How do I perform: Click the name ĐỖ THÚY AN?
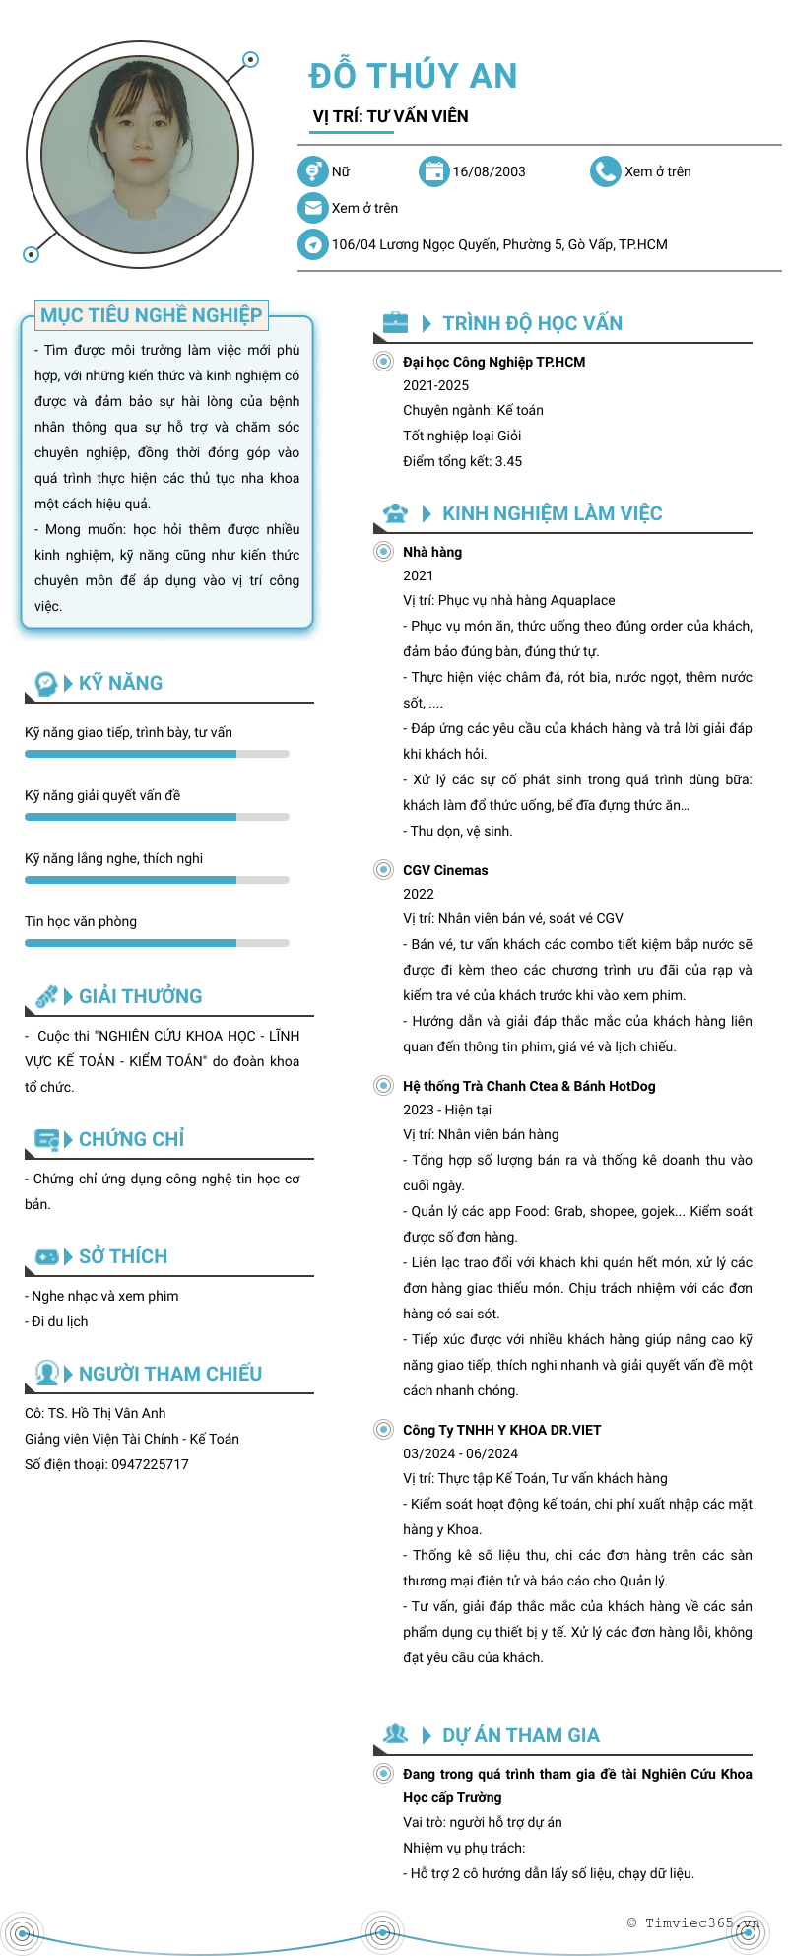tap(413, 76)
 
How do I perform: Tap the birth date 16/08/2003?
tap(489, 171)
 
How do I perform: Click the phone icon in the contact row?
tap(605, 171)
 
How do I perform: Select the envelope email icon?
tap(312, 208)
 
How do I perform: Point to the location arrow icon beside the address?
tap(312, 244)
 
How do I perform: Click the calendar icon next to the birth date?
tap(433, 171)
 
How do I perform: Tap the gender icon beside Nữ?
tap(312, 171)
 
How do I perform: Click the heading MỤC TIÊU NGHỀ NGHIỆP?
tap(151, 315)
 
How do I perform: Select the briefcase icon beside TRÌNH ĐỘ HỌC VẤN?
tap(395, 322)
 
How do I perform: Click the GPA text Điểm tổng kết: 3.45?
tap(462, 461)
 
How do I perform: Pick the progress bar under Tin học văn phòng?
tap(157, 943)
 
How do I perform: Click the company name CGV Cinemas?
tap(445, 870)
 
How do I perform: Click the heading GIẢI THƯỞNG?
tap(140, 996)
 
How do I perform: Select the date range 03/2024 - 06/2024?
tap(460, 1453)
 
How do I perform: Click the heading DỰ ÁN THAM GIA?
tap(520, 1735)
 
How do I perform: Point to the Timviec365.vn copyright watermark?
tap(693, 1922)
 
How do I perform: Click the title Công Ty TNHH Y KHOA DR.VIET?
tap(501, 1430)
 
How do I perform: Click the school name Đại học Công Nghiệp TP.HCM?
tap(493, 362)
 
